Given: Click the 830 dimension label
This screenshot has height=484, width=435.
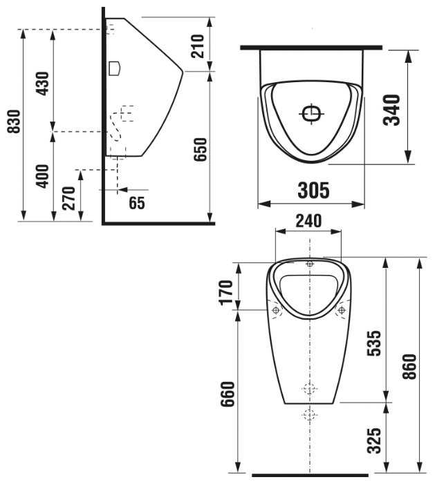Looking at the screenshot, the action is [14, 122].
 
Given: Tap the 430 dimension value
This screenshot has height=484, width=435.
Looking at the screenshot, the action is [42, 84].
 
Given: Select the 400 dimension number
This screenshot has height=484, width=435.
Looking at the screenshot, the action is [42, 176].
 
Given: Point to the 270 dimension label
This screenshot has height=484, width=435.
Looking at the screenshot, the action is [68, 198].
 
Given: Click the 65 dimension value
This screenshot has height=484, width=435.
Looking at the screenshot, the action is [137, 203].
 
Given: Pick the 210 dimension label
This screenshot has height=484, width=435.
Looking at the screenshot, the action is [198, 46].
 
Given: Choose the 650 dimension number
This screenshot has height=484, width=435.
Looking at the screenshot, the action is [200, 149].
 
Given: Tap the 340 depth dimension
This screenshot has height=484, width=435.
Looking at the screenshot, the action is [391, 110].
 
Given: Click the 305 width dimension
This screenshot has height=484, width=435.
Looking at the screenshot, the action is [313, 190].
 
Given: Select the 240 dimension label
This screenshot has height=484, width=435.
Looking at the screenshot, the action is [308, 221].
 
